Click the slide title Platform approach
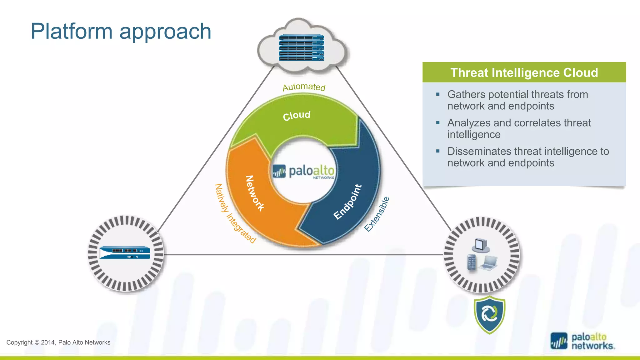(121, 31)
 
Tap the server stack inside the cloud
(301, 48)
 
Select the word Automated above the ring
(304, 87)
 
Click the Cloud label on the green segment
(297, 116)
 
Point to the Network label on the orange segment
(255, 193)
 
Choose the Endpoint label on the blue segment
(347, 202)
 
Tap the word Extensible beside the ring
(377, 214)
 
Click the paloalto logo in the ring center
(303, 172)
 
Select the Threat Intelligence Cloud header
(524, 72)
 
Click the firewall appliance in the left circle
(125, 252)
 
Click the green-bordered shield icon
(489, 314)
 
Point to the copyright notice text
(58, 342)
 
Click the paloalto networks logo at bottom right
(582, 341)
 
